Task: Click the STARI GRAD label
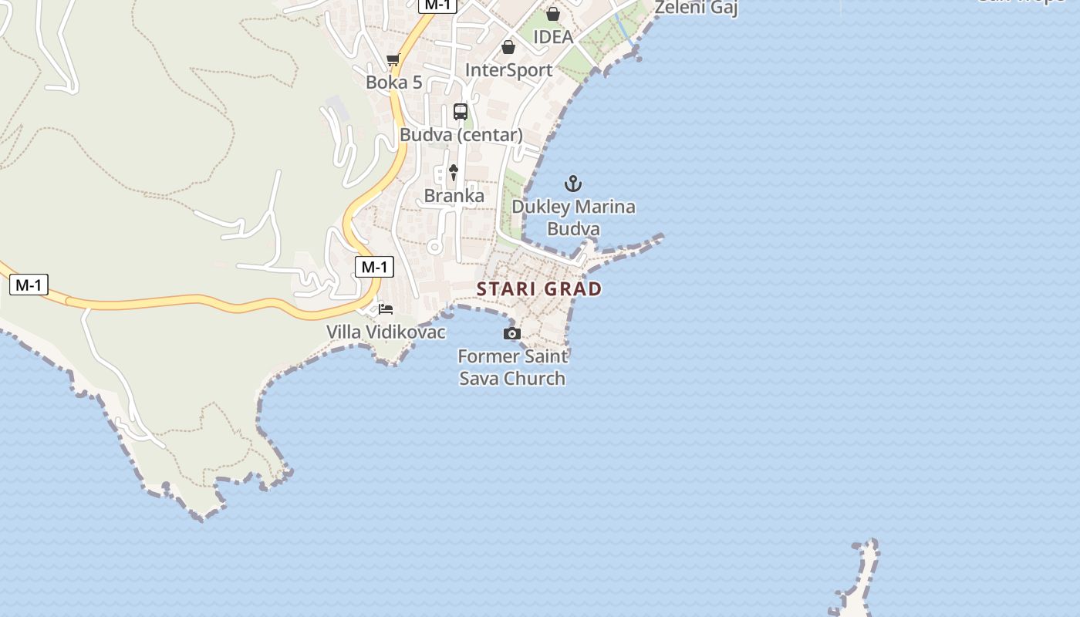click(x=539, y=289)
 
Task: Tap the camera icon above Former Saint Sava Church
click(x=511, y=333)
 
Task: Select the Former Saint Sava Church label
click(x=513, y=367)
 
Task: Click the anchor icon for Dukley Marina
click(x=572, y=184)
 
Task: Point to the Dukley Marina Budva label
click(x=573, y=217)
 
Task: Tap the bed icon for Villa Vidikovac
click(x=386, y=309)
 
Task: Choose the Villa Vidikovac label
click(x=386, y=332)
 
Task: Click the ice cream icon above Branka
click(x=454, y=173)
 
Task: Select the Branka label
click(x=454, y=196)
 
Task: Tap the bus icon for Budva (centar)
click(x=461, y=112)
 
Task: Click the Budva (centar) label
click(x=461, y=135)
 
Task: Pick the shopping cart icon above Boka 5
click(x=393, y=59)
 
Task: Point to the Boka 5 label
click(x=394, y=82)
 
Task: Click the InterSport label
click(x=508, y=70)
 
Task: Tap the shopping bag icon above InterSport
click(x=508, y=47)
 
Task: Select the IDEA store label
click(x=553, y=37)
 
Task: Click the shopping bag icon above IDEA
click(x=552, y=14)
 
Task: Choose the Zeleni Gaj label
click(x=696, y=8)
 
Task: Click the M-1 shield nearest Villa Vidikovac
click(x=374, y=267)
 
